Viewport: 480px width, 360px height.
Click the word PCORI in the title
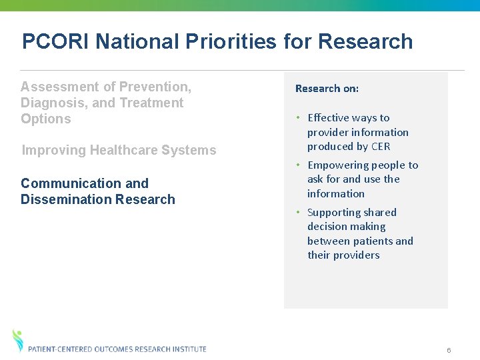[56, 41]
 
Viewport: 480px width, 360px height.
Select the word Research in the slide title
[365, 41]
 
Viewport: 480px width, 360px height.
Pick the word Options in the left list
[45, 119]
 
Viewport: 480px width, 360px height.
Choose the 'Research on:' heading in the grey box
[327, 88]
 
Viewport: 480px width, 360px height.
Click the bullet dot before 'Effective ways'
[298, 118]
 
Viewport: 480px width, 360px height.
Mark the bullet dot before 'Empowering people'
[298, 165]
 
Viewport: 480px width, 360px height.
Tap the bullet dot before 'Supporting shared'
[298, 213]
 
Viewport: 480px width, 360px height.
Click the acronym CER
[381, 147]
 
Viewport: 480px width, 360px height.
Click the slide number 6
[449, 350]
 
